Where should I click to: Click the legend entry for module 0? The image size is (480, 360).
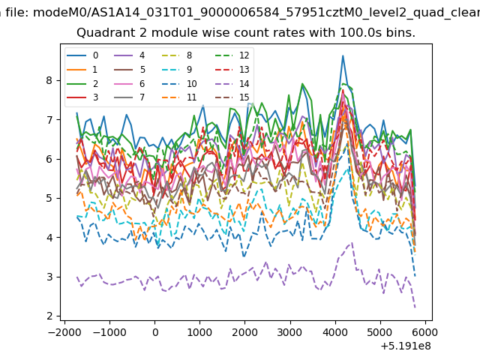[x=82, y=55]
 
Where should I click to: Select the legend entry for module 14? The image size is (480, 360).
[x=232, y=83]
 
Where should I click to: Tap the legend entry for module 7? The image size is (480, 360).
[x=130, y=97]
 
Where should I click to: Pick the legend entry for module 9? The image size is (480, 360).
[x=177, y=70]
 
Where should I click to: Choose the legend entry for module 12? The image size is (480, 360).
[x=232, y=55]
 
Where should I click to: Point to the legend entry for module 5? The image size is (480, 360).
[x=130, y=70]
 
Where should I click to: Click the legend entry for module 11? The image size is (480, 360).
[x=179, y=97]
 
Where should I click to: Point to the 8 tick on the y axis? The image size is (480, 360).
[x=58, y=80]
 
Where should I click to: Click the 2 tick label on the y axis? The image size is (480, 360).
[x=49, y=316]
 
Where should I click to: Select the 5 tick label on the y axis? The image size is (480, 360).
[x=49, y=198]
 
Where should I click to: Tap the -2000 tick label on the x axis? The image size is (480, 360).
[x=65, y=332]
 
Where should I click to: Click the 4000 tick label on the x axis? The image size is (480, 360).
[x=335, y=332]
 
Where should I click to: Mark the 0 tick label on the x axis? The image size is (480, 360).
[x=155, y=332]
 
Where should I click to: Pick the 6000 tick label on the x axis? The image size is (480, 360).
[x=424, y=332]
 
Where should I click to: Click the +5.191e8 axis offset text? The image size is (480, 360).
[x=406, y=346]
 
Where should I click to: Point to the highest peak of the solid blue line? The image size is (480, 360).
[x=343, y=55]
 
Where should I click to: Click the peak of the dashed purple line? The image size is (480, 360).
[x=352, y=243]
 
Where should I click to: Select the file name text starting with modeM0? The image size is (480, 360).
[x=256, y=13]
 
